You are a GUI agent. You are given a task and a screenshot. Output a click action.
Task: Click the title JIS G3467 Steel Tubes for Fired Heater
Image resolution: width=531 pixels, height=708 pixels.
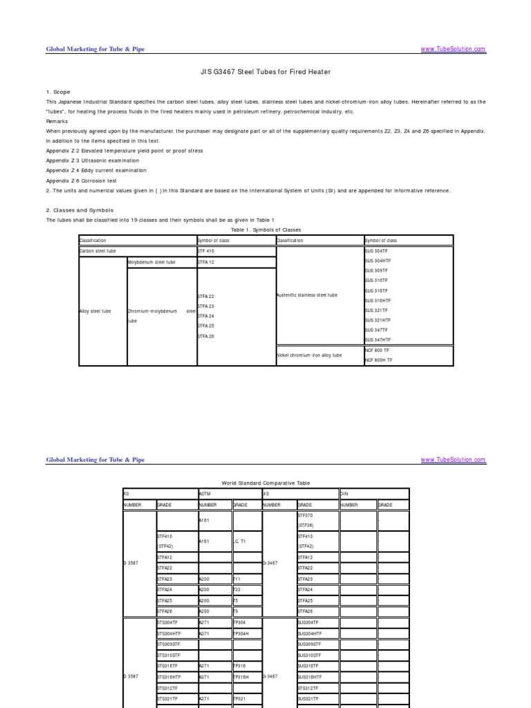[x=265, y=72]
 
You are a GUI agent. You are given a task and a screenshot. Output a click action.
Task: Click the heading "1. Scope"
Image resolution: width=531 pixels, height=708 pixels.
[x=59, y=91]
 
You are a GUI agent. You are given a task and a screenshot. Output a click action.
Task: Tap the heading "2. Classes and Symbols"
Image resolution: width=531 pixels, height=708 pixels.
[x=80, y=210]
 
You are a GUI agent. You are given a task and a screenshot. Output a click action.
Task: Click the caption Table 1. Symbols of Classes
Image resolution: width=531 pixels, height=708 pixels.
[x=265, y=230]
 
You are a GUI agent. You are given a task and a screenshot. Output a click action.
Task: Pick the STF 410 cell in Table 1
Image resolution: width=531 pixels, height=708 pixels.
[x=207, y=252]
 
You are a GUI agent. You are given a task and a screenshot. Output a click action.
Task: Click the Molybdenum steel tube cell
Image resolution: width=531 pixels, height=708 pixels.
[x=152, y=263]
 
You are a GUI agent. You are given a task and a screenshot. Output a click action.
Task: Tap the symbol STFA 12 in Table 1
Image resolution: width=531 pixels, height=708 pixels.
[x=207, y=263]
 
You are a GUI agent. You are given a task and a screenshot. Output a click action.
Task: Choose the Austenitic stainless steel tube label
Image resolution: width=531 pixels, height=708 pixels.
[x=307, y=295]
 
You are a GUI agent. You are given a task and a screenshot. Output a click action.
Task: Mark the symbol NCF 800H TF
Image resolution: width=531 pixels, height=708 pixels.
[x=378, y=360]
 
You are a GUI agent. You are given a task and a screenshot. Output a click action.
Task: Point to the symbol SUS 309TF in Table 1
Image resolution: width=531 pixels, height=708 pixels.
[x=377, y=272]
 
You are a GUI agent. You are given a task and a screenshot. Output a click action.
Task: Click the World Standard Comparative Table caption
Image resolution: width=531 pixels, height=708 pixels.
[x=265, y=483]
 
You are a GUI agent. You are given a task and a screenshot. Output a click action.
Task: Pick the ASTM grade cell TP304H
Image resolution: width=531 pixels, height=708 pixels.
[x=242, y=633]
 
